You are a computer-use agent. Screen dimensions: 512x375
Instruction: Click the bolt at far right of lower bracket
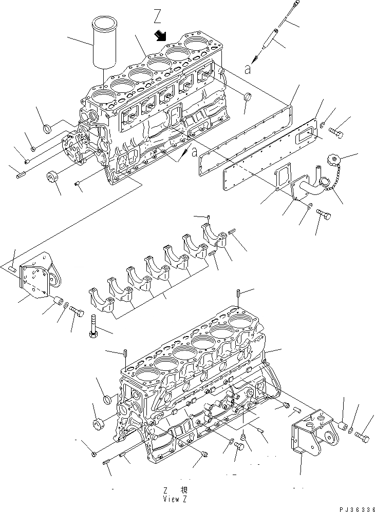(363, 437)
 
